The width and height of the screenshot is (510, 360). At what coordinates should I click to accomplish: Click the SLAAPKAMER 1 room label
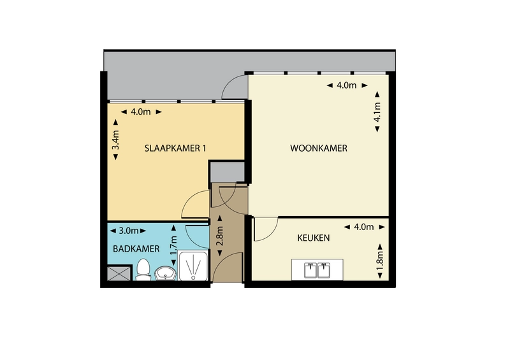pos(175,148)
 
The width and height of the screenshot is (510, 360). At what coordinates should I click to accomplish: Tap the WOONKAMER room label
pos(318,148)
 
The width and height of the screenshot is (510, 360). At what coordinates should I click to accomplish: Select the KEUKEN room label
pos(313,238)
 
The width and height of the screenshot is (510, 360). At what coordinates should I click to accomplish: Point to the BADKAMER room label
pos(136,249)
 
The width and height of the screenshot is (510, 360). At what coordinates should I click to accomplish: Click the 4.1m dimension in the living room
pos(377,112)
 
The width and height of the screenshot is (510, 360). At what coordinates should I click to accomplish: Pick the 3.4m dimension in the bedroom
pos(115,140)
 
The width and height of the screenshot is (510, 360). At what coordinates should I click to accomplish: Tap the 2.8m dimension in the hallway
pos(220,236)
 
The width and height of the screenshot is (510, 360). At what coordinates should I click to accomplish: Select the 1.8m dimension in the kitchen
pos(380,259)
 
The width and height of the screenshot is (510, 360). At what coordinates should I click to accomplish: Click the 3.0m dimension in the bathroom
pos(128,231)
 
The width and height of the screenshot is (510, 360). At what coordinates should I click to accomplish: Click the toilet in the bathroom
pos(142,270)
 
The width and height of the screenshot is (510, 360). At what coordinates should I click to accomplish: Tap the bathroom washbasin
pos(165,273)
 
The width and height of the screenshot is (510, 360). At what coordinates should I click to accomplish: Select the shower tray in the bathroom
pos(193,266)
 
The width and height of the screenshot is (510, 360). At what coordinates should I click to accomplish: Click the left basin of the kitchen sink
pos(310,270)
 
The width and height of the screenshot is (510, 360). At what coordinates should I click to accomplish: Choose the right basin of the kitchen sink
pos(324,270)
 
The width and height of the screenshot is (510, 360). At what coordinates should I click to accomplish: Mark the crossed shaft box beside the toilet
pos(119,273)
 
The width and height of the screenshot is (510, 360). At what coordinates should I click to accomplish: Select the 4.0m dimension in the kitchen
pos(364,227)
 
